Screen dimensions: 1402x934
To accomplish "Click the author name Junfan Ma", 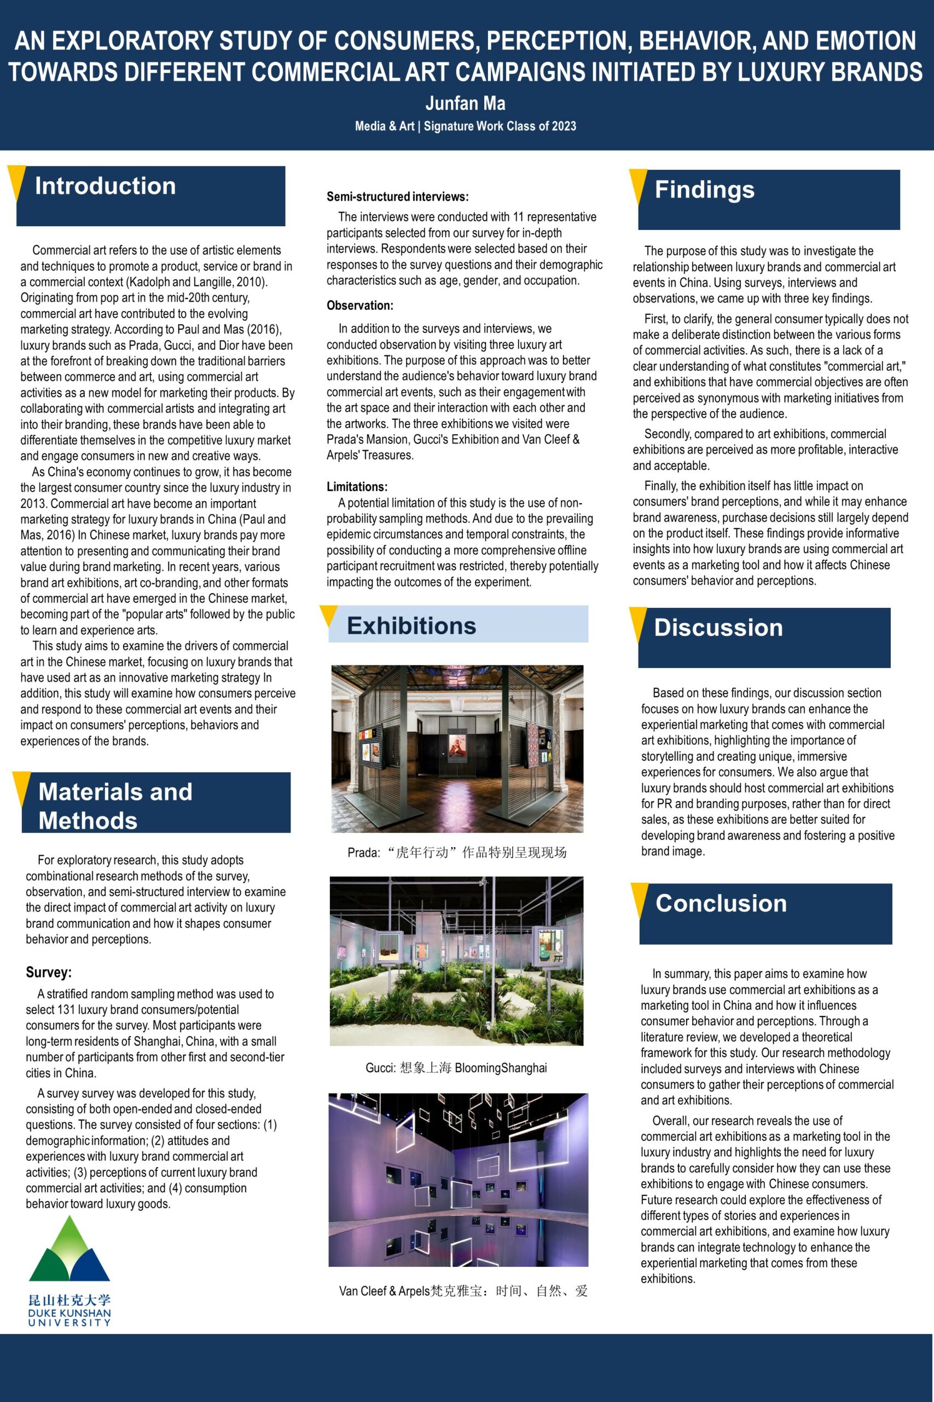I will (465, 104).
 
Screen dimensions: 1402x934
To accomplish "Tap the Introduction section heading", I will (106, 186).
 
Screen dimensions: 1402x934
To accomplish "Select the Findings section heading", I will (705, 189).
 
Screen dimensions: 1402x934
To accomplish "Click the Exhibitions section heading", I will (411, 625).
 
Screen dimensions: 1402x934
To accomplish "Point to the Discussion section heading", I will (718, 628).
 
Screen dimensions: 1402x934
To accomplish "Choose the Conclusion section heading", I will (721, 903).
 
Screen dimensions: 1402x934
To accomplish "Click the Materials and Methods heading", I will (115, 806).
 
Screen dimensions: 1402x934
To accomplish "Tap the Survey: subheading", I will (49, 972).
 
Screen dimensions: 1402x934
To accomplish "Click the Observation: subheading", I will (360, 306).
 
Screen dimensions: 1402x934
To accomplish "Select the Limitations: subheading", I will (357, 486).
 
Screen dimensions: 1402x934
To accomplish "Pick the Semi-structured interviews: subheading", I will (397, 197).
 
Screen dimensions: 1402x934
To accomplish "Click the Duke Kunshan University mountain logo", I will (69, 1250).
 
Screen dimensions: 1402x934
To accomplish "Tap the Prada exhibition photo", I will (457, 749).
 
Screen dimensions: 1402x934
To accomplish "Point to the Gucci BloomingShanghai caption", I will (456, 1067).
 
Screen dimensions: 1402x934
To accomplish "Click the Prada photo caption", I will (457, 853).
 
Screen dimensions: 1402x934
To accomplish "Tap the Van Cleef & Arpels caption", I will (463, 1291).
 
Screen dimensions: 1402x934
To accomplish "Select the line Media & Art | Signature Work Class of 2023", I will (465, 127).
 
